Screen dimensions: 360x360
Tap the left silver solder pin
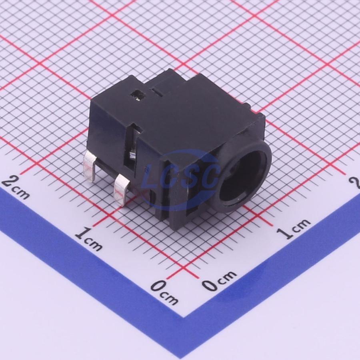point(90,166)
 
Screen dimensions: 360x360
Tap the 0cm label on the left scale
point(164,292)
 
